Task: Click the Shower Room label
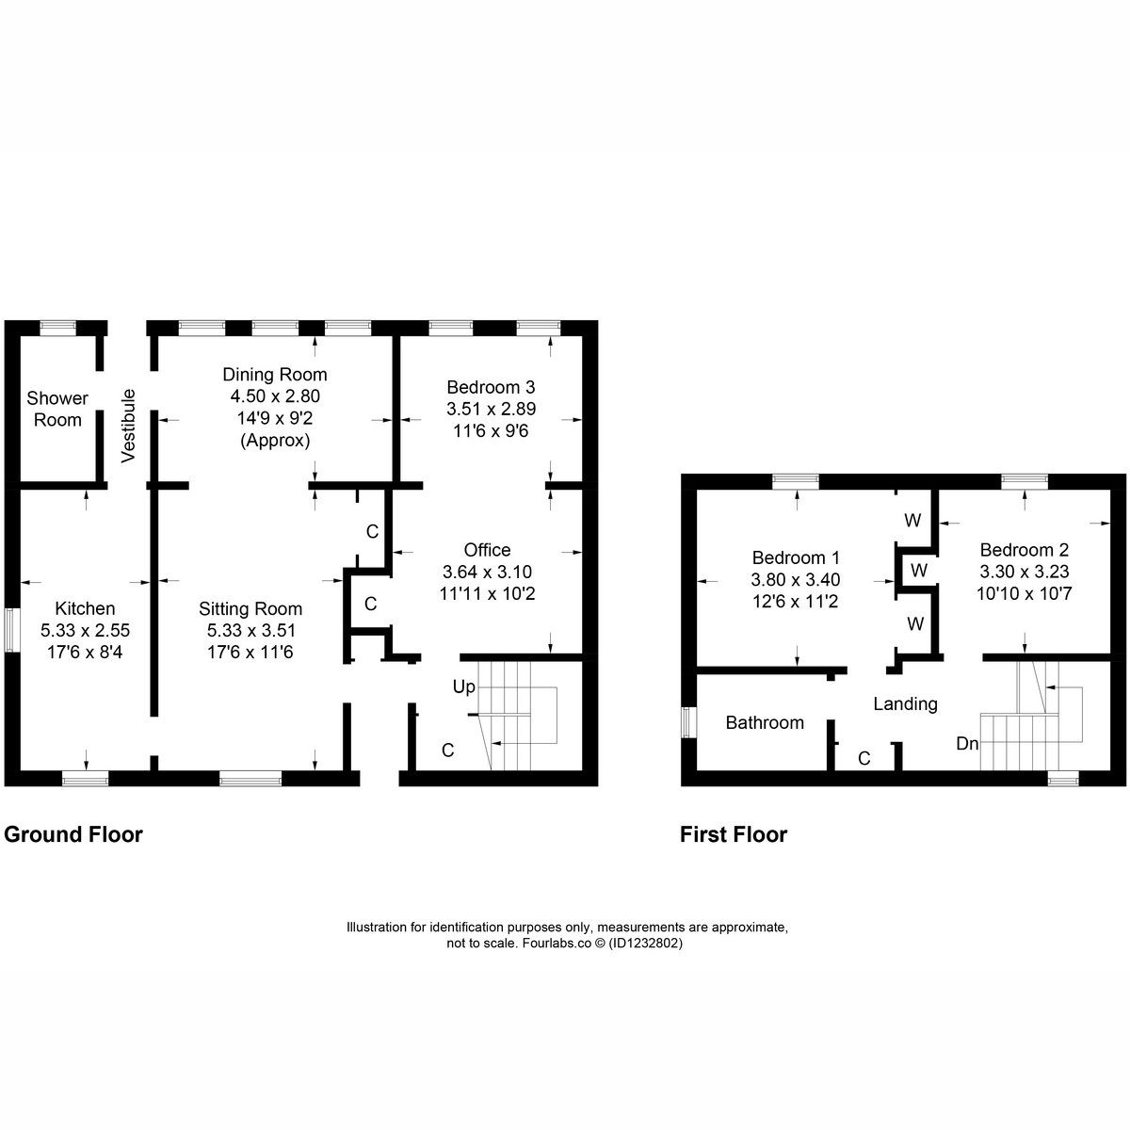pyautogui.click(x=57, y=409)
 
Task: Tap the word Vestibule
pyautogui.click(x=128, y=426)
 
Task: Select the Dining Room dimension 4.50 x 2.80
pyautogui.click(x=275, y=395)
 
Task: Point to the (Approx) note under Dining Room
pyautogui.click(x=275, y=440)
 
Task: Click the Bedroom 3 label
pyautogui.click(x=491, y=387)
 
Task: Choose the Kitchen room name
pyautogui.click(x=85, y=608)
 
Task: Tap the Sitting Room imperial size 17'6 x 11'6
pyautogui.click(x=250, y=652)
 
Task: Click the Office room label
pyautogui.click(x=487, y=550)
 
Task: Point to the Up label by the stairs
pyautogui.click(x=464, y=686)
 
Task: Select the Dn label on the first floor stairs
pyautogui.click(x=967, y=744)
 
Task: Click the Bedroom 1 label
pyautogui.click(x=796, y=557)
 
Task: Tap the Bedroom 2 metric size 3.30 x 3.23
pyautogui.click(x=1025, y=572)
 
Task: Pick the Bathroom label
pyautogui.click(x=765, y=722)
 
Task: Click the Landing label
pyautogui.click(x=905, y=703)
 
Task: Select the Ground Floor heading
pyautogui.click(x=73, y=834)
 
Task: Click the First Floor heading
pyautogui.click(x=734, y=834)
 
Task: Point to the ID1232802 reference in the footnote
pyautogui.click(x=646, y=943)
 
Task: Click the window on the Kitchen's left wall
pyautogui.click(x=11, y=630)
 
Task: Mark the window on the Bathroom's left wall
pyautogui.click(x=688, y=722)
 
